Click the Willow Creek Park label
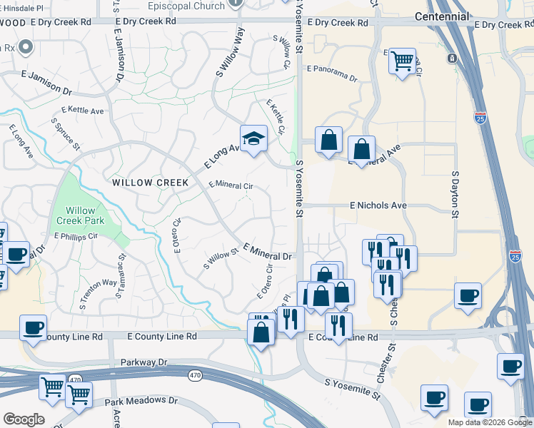pos(85,215)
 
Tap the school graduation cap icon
pos(253,138)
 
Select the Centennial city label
pos(443,16)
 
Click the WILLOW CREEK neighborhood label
pos(151,183)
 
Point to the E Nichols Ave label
pos(378,205)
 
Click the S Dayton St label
pos(455,193)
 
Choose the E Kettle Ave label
pos(83,111)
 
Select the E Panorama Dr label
pos(336,69)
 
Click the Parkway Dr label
pos(143,362)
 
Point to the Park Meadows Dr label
pos(141,402)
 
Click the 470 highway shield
pos(194,374)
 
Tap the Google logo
pos(24,419)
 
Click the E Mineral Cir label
pos(231,185)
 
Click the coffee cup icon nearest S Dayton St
pos(468,295)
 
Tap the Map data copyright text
pos(490,422)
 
